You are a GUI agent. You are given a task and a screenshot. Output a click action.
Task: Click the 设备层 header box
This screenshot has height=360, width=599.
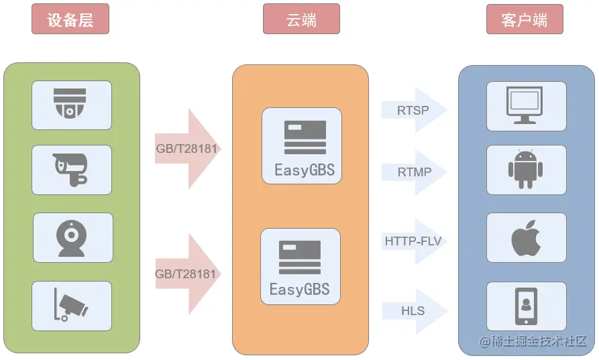click(x=70, y=19)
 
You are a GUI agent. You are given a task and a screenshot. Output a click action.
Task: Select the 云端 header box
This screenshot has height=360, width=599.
click(x=301, y=19)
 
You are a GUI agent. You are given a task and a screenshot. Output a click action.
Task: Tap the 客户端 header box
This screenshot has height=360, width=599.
click(x=524, y=19)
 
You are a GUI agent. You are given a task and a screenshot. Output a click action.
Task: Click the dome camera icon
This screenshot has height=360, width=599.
click(x=71, y=104)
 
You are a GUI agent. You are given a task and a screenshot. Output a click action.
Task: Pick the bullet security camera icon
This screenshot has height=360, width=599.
click(x=71, y=169)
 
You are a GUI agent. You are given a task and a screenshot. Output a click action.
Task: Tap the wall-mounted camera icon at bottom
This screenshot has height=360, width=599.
click(x=71, y=305)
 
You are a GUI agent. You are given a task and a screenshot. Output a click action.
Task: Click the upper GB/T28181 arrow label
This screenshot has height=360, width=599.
click(x=186, y=148)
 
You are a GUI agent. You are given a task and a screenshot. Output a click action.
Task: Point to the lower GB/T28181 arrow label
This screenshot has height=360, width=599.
click(x=186, y=274)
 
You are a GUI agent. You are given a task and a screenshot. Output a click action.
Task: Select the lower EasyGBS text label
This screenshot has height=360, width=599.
click(x=300, y=290)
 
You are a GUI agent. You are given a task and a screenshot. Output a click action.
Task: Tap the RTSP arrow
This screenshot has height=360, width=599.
click(x=413, y=109)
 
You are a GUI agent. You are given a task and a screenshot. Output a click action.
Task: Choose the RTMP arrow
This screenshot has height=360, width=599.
click(x=414, y=172)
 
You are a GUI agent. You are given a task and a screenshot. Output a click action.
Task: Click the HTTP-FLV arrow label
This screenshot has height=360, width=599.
click(x=413, y=241)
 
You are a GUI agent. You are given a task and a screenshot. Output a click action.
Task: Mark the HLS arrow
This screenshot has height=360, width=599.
click(x=413, y=311)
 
